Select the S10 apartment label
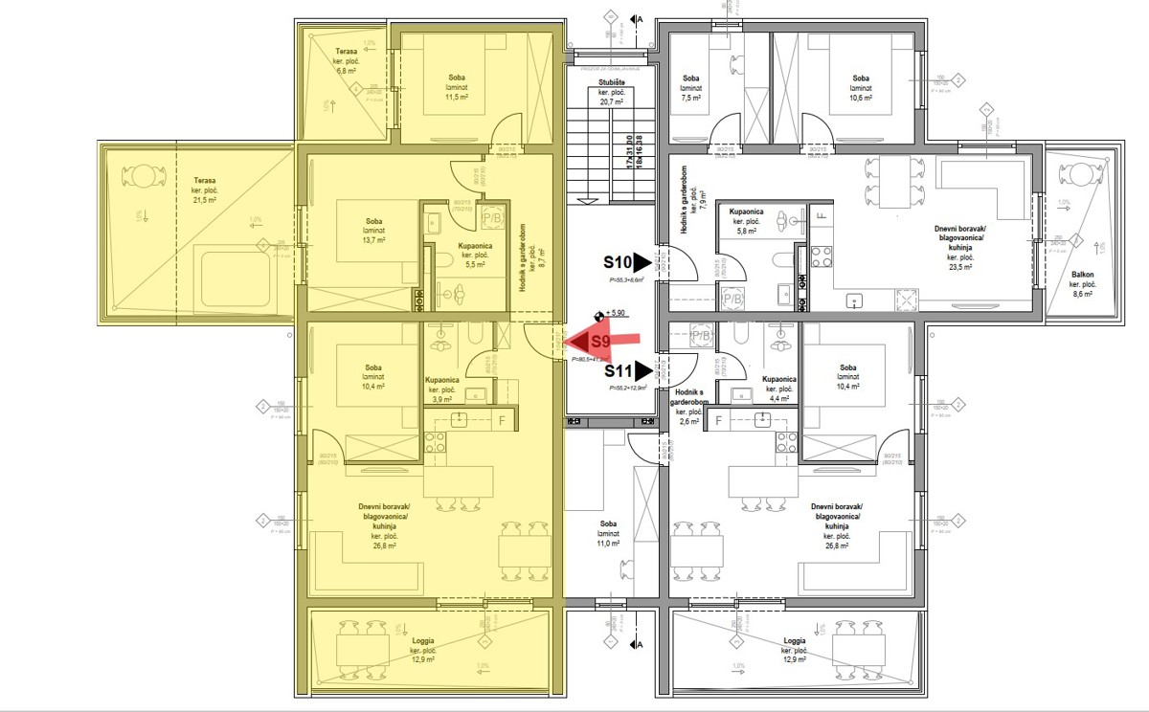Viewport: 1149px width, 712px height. [x=618, y=261]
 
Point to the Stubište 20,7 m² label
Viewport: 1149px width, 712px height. [x=610, y=92]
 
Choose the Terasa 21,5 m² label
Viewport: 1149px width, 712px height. [x=204, y=189]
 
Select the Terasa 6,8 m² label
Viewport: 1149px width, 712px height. [x=346, y=60]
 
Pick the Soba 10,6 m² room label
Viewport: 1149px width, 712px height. [x=861, y=87]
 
